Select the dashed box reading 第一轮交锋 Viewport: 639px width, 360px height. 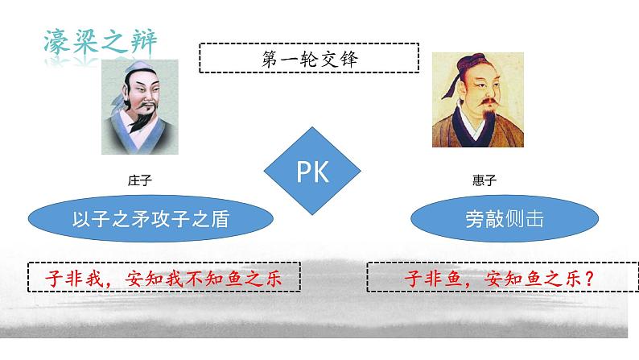[x=309, y=58]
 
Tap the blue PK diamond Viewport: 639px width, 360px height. [x=313, y=172]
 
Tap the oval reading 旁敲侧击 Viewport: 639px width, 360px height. [x=505, y=219]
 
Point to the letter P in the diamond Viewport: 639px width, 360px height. [x=303, y=172]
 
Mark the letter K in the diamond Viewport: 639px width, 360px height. [x=321, y=172]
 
